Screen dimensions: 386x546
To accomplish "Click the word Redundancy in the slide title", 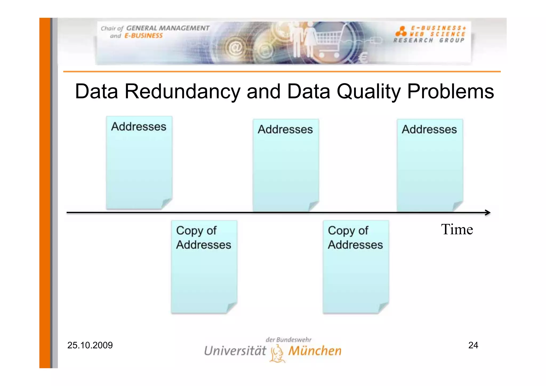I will click(182, 91).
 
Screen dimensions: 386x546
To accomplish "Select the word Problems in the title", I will click(450, 91).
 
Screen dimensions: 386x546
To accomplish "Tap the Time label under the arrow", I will click(457, 229).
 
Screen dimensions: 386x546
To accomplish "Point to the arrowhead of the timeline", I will click(488, 212).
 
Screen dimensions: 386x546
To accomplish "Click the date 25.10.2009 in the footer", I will click(90, 345).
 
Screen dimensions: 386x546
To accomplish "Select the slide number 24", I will click(473, 345).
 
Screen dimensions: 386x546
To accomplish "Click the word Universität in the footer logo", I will click(235, 351).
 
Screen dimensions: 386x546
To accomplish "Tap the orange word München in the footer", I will click(315, 351).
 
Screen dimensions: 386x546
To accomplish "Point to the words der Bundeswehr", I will click(288, 340).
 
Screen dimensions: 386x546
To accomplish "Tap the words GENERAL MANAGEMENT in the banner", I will click(168, 28).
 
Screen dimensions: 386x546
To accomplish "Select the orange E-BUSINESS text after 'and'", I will click(143, 36).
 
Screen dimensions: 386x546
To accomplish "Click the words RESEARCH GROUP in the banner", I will click(429, 41).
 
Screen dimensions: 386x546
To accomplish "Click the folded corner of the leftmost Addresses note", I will click(166, 203).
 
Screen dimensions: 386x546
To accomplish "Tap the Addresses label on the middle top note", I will click(285, 129).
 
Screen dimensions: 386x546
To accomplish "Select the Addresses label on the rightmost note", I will click(429, 129).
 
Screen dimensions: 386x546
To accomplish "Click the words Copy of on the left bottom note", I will click(196, 231).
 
